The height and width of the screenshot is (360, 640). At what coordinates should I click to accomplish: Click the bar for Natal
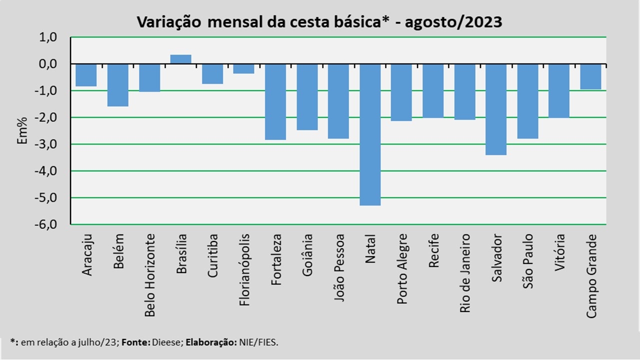[x=370, y=134]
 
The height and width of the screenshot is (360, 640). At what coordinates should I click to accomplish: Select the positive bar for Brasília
[x=180, y=59]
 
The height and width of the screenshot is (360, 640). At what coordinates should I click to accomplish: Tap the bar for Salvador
[x=496, y=109]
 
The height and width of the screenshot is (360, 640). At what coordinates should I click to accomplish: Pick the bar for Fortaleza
[x=275, y=102]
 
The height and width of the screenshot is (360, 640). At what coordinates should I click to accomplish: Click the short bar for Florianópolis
[x=243, y=69]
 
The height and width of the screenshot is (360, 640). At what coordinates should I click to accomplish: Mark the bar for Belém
[x=118, y=85]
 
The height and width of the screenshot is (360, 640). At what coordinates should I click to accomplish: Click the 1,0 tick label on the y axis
[x=48, y=37]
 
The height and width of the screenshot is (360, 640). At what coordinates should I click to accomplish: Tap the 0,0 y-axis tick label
[x=48, y=64]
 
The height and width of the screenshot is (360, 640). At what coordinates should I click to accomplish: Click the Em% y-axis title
[x=23, y=131]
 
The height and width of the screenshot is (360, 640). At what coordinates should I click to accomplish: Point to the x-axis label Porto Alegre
[x=402, y=268]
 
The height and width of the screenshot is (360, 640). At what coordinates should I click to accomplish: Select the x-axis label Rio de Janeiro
[x=465, y=273]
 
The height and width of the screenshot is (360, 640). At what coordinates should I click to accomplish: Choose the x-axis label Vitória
[x=559, y=252]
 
